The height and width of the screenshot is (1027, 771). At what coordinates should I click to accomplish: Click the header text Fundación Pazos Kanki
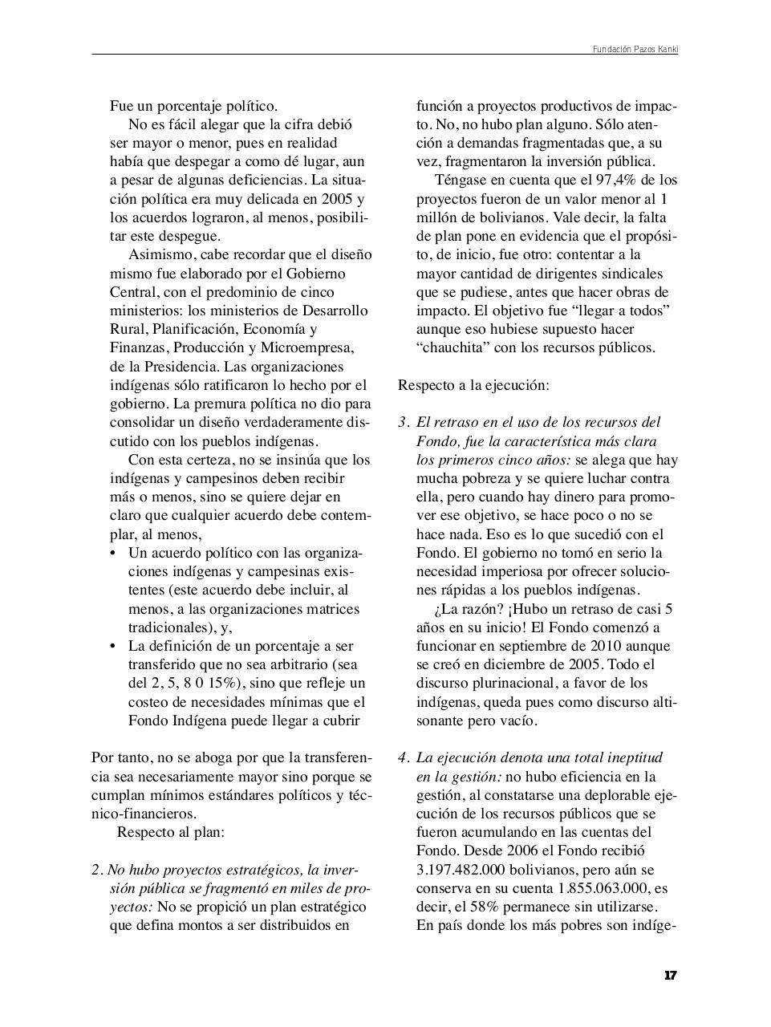635,49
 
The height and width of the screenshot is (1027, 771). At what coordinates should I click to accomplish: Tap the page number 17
671,976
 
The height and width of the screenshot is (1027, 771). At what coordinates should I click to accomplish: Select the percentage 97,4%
601,180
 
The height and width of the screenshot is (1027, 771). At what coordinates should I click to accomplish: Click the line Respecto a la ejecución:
473,385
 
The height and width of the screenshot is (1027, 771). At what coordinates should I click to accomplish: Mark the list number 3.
404,422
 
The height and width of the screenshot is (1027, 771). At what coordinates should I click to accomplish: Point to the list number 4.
404,757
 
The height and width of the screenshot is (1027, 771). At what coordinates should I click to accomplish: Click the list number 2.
97,870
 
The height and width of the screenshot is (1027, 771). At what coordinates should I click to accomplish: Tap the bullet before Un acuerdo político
112,554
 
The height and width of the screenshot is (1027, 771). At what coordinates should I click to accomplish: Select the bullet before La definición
112,646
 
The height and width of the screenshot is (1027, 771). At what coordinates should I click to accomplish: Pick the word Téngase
461,180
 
